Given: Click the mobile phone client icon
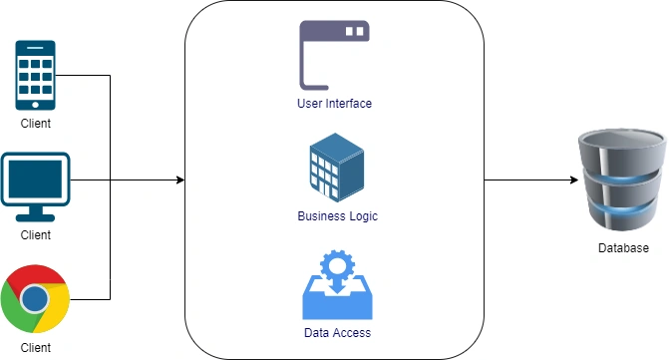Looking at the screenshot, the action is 36,75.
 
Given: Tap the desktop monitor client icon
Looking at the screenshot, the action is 36,186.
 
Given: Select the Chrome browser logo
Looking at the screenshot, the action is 35,298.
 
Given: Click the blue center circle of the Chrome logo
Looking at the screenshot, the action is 35,299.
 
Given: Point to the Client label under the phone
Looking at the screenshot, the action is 36,124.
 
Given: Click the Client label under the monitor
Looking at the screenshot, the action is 36,235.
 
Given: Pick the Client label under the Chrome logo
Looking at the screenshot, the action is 36,348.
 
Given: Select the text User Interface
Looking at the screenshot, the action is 335,104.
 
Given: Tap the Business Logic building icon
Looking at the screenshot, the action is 337,168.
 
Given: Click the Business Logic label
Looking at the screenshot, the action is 337,216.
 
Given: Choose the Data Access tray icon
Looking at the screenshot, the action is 337,285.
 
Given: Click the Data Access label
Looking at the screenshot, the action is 337,333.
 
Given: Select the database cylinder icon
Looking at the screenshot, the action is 622,180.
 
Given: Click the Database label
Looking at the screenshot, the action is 623,248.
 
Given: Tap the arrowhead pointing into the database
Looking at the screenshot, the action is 574,180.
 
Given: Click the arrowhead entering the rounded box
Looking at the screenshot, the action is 180,180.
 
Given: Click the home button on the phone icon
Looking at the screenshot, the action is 36,105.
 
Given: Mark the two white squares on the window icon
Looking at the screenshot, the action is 355,31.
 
